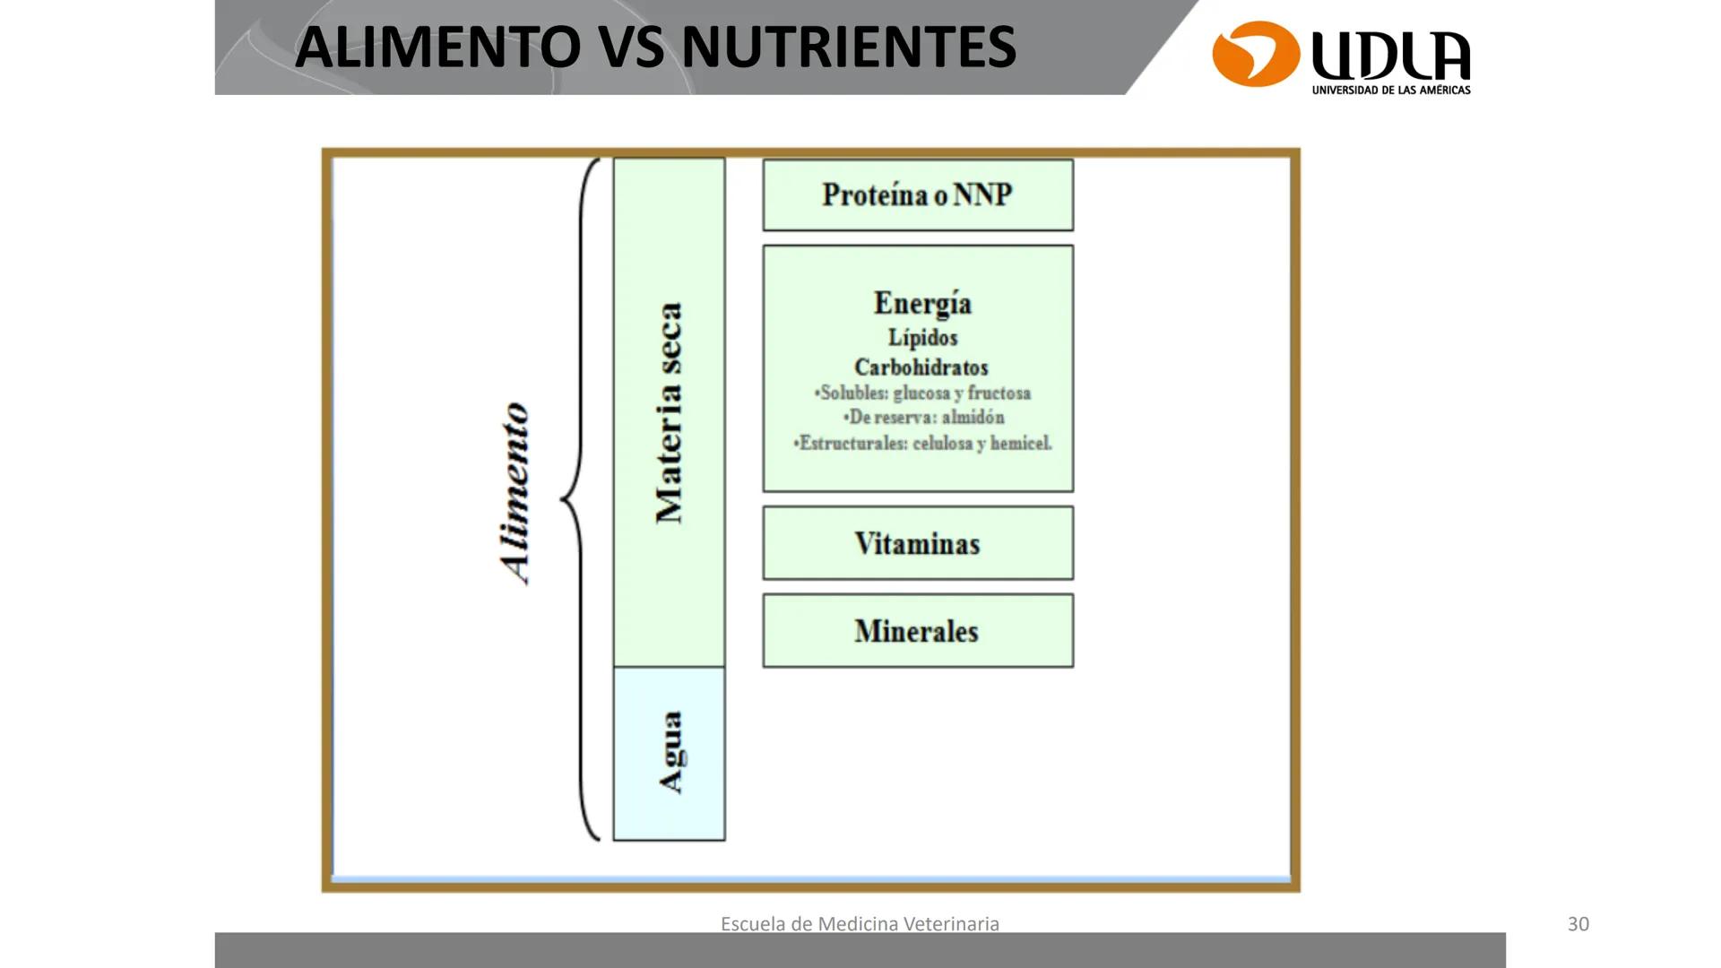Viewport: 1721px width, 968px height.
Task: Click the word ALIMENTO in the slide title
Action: click(437, 48)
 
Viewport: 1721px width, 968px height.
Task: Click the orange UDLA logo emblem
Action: click(1256, 54)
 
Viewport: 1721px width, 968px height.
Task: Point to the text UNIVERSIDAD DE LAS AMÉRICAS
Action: click(1391, 91)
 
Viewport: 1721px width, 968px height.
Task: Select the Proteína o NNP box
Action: click(918, 195)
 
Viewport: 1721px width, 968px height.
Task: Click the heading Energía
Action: click(922, 303)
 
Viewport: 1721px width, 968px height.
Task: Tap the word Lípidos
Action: click(922, 338)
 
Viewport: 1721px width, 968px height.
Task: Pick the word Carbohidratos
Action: click(921, 367)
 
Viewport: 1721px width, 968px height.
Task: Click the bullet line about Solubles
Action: click(922, 393)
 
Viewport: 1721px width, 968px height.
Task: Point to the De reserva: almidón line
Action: click(923, 418)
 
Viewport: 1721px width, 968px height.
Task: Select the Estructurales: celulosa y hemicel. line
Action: click(922, 443)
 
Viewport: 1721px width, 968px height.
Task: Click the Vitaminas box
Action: click(918, 543)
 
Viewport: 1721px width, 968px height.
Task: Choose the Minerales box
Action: click(918, 631)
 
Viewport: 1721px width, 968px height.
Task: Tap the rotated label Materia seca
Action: click(670, 413)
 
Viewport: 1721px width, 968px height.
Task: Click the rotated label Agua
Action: click(671, 753)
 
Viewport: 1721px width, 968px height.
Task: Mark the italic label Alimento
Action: click(515, 494)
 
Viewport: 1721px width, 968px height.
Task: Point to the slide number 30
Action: click(1578, 924)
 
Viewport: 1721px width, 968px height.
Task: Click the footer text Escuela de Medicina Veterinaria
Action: click(860, 924)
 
